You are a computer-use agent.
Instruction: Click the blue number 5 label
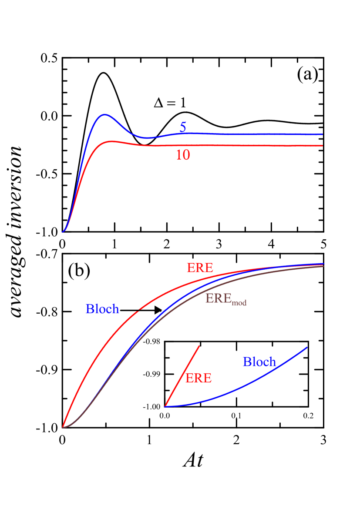click(183, 127)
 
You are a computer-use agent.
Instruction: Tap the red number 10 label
click(183, 155)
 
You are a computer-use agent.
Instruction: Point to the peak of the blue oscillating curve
click(104, 115)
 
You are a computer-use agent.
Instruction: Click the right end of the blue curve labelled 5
click(322, 134)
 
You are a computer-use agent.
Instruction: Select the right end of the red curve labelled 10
click(322, 146)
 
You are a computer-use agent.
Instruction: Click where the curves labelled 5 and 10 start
click(63, 232)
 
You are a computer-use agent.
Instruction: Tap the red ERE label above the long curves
click(200, 268)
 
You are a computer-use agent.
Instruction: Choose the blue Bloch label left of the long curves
click(102, 309)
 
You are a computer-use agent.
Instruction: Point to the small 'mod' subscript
click(239, 303)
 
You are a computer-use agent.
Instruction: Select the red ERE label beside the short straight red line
click(199, 378)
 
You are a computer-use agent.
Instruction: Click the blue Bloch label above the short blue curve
click(259, 362)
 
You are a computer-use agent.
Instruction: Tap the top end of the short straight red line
click(199, 346)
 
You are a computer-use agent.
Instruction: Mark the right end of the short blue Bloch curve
click(307, 347)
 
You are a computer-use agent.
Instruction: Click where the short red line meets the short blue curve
click(165, 406)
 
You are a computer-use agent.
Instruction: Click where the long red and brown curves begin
click(63, 427)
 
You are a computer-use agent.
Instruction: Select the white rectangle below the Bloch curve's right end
click(317, 466)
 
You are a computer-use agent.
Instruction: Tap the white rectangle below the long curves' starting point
click(52, 469)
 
